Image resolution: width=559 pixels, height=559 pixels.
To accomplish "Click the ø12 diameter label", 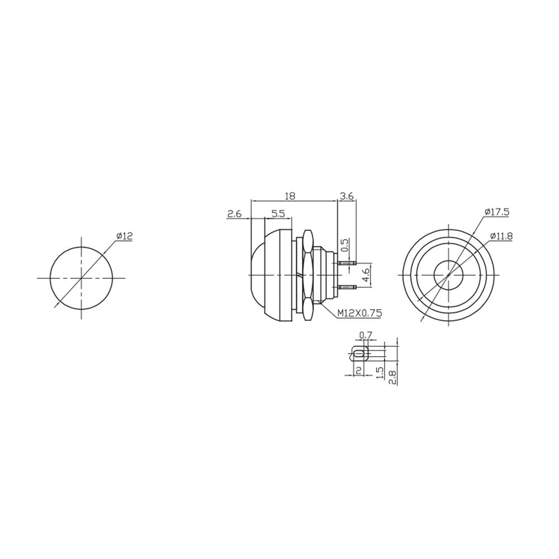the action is click(x=125, y=236).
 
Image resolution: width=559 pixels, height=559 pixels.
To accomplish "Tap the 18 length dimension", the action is click(x=290, y=196).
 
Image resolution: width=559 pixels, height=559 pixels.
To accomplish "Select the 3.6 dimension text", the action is click(x=347, y=196).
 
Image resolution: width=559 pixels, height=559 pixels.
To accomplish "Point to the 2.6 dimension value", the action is click(x=235, y=214).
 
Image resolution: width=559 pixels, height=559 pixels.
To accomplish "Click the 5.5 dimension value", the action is click(x=278, y=214).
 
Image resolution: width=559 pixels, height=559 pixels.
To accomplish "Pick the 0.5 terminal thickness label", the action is click(x=345, y=245).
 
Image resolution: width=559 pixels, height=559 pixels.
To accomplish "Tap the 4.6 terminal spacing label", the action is click(x=366, y=276).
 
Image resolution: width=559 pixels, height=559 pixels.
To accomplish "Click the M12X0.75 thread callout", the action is click(x=359, y=313).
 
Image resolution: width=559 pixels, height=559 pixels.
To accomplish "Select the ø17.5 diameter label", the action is click(x=497, y=212).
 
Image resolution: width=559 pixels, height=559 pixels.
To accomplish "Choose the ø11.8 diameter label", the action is click(x=501, y=236).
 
